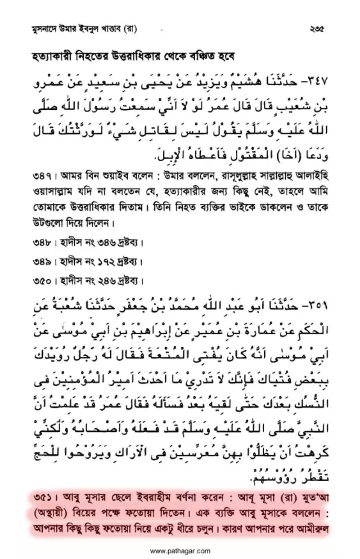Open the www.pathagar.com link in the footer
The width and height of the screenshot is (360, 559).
pos(180,550)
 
